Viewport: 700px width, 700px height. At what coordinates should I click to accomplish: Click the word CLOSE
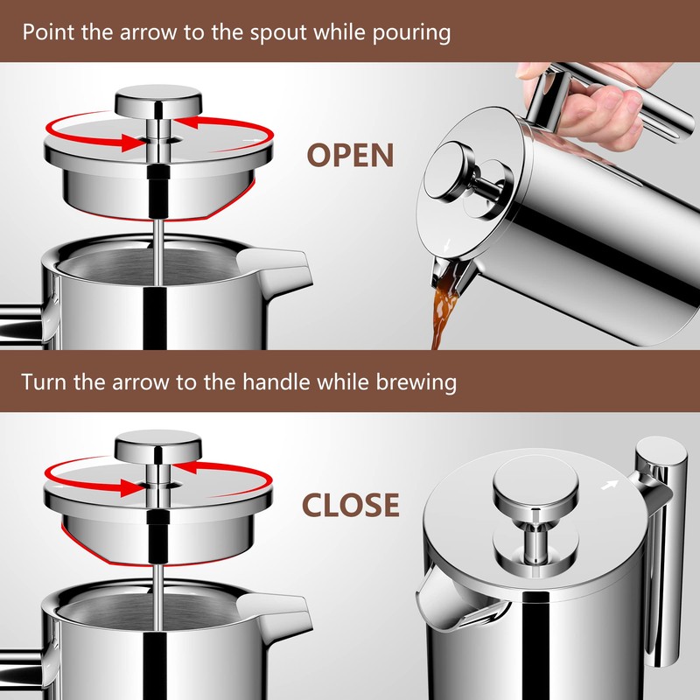tap(350, 505)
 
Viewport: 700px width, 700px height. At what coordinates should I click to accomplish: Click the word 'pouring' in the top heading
tap(416, 33)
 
